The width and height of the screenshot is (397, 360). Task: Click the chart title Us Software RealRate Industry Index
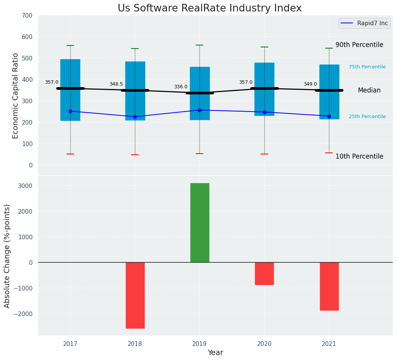coord(209,8)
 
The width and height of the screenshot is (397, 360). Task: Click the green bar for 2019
coord(199,222)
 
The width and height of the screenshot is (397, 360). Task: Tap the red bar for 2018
coord(135,295)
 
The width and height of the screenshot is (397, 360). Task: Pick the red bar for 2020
coord(264,274)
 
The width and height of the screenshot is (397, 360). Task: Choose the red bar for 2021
coord(329,286)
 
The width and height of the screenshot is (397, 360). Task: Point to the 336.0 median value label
coord(181,87)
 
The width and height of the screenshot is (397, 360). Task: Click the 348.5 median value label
coord(116,84)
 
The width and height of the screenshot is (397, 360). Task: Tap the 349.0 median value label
coord(310,84)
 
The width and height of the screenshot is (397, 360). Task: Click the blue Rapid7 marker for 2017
coord(70,111)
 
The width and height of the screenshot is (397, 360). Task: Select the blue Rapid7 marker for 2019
coord(199,110)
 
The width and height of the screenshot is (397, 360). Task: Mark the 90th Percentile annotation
coord(359,45)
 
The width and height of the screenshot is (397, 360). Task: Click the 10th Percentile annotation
coord(359,156)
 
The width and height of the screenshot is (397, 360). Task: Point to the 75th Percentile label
coord(367,67)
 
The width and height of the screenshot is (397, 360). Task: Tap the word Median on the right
coord(369,90)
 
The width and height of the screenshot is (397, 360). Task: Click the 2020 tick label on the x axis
coord(264,344)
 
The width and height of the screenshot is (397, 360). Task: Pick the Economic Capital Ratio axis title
coord(16,96)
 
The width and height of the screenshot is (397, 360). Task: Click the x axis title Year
coord(216,353)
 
